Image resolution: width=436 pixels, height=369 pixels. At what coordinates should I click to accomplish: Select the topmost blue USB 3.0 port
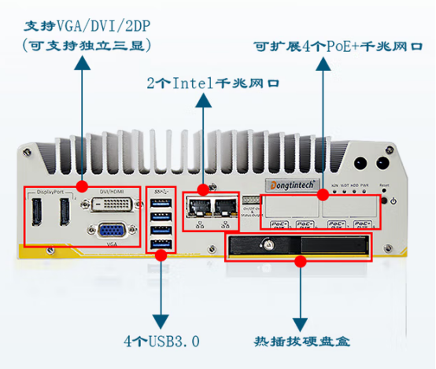[x=161, y=205]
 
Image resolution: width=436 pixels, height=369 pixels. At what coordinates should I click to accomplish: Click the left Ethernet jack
[x=197, y=207]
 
